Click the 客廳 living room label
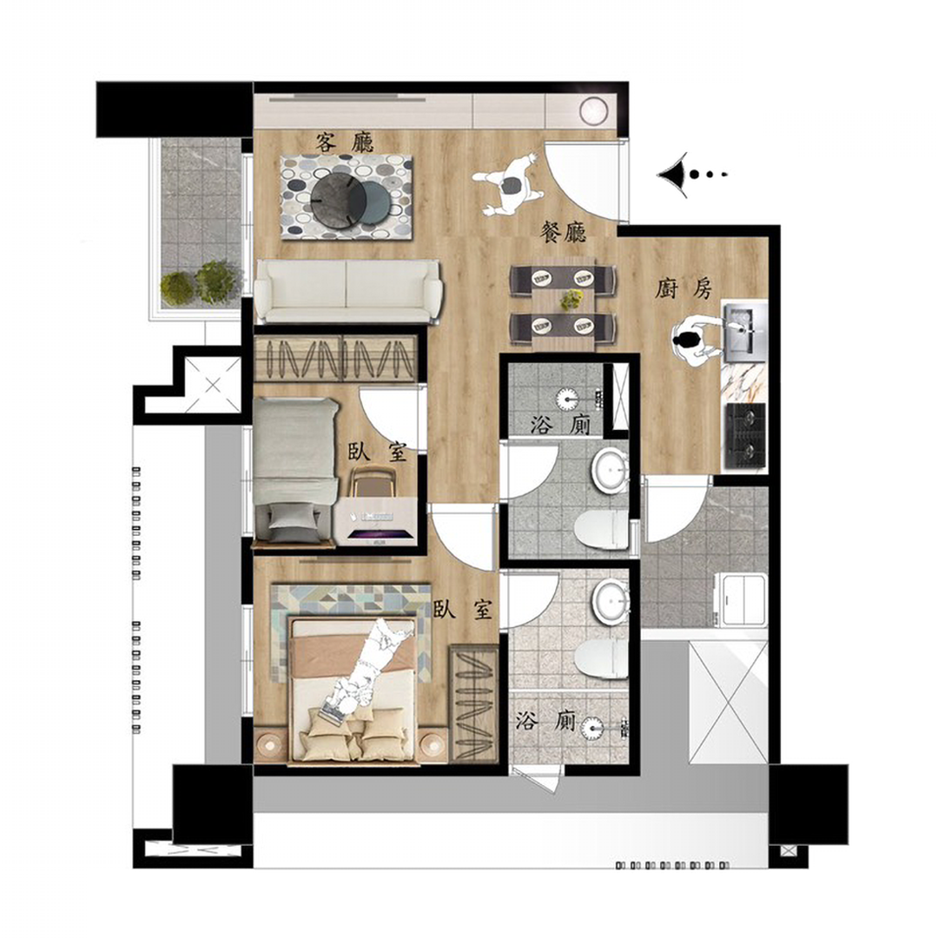345,142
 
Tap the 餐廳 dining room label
563,232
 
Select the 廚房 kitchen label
684,289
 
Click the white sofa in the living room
347,292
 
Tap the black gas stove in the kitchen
745,435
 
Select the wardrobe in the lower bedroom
474,703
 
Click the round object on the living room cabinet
593,110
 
